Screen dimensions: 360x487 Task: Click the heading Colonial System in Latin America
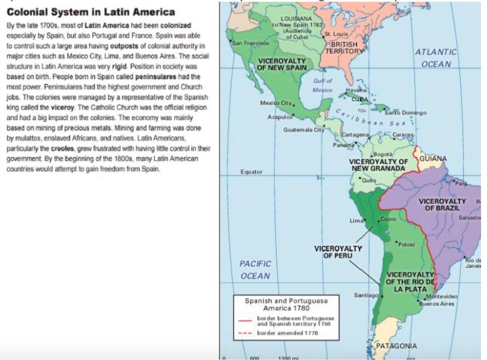(x=91, y=12)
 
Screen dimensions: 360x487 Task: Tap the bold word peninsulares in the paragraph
(x=155, y=77)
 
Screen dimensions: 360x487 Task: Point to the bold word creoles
(x=62, y=148)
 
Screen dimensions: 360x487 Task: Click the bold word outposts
(x=124, y=46)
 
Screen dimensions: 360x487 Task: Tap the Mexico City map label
(x=276, y=103)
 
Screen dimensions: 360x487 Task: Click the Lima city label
(x=356, y=221)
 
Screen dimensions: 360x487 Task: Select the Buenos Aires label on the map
(x=437, y=304)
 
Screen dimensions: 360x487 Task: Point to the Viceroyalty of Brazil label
(x=442, y=205)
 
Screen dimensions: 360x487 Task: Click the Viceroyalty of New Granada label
(x=378, y=165)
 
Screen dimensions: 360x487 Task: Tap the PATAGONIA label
(x=396, y=346)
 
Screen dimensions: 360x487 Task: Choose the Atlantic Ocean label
(x=436, y=58)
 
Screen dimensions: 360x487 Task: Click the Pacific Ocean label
(x=255, y=270)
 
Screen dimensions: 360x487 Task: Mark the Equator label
(x=251, y=172)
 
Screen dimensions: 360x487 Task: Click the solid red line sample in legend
(x=245, y=320)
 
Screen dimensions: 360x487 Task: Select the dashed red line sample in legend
(x=245, y=333)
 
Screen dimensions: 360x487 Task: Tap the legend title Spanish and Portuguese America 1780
(x=286, y=304)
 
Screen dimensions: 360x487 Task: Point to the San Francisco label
(x=251, y=43)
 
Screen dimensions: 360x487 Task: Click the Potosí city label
(x=406, y=244)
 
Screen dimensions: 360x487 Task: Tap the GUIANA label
(x=433, y=159)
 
